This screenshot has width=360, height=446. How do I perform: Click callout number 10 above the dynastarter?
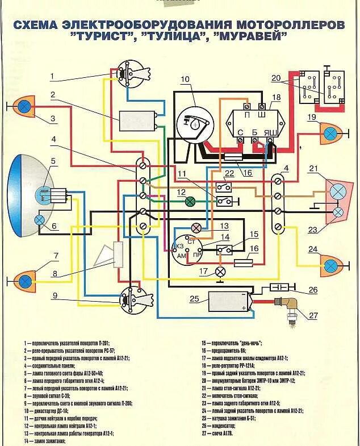point(184,79)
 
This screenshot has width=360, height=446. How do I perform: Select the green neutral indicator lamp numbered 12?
point(191,201)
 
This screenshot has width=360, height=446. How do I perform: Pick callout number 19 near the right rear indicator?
point(311,117)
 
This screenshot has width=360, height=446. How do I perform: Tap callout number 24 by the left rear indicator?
point(312,249)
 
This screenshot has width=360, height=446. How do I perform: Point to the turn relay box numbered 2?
point(136,121)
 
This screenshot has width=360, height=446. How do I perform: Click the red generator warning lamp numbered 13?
point(196,228)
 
